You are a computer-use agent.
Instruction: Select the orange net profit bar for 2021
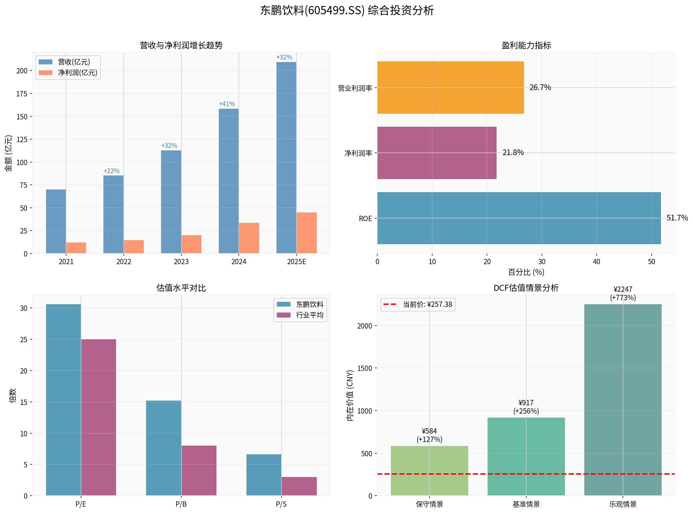coord(76,248)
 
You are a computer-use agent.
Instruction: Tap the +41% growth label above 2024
coord(227,104)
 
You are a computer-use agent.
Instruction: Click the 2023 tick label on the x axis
coord(181,262)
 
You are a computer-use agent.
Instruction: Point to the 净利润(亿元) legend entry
coord(77,73)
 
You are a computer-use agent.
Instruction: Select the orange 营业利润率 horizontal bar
coord(450,87)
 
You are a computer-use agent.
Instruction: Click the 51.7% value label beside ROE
coord(677,218)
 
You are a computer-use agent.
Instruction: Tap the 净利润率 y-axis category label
coord(358,153)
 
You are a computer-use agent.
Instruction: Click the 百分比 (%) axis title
coord(526,272)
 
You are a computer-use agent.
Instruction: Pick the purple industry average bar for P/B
coord(199,470)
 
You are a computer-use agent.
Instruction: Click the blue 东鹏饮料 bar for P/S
coord(264,475)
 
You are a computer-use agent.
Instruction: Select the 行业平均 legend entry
coord(309,315)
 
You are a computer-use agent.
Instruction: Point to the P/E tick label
coord(81,504)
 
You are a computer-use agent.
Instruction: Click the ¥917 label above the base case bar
coord(526,403)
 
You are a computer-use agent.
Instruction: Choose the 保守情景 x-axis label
coord(429,504)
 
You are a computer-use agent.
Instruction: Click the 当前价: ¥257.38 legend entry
coord(427,305)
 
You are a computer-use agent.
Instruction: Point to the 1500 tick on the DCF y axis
coord(365,368)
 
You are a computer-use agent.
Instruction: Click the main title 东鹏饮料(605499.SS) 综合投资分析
coord(347,11)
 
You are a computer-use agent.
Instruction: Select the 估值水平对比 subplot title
coord(181,288)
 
